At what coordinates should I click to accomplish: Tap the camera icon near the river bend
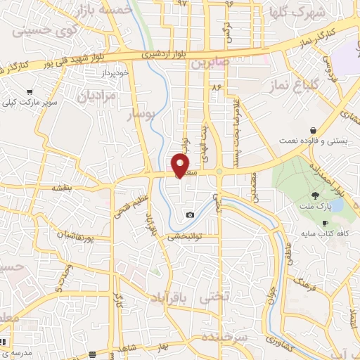point(190,214)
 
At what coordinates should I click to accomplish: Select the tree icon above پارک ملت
point(315,194)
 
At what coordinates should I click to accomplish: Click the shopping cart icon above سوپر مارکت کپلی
point(30,92)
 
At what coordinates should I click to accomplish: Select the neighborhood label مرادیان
point(96,96)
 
